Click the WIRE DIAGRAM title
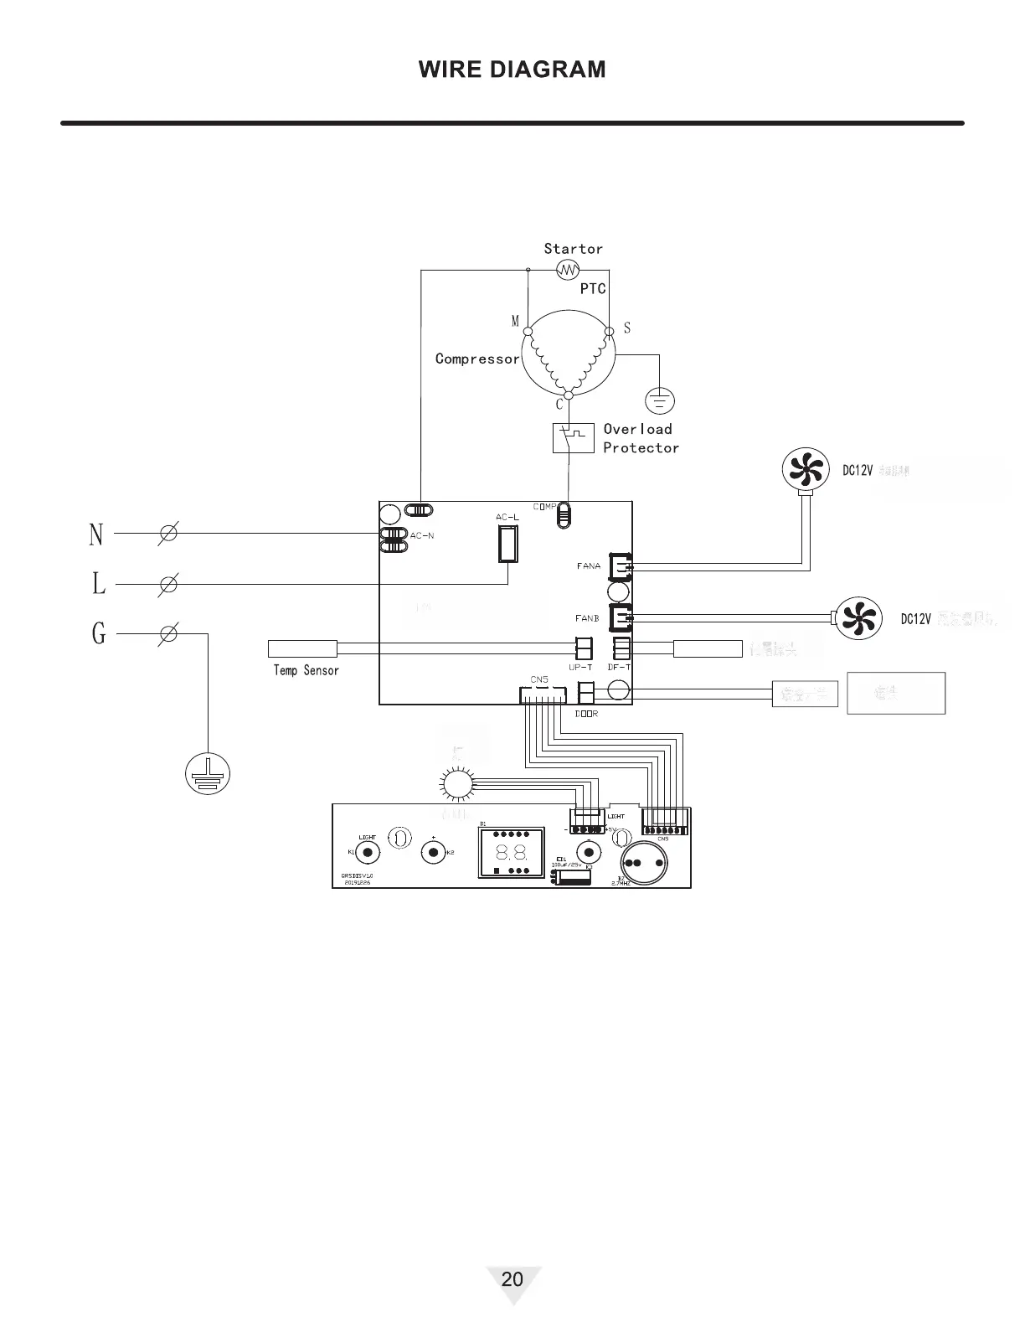point(512,69)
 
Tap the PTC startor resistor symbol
point(569,270)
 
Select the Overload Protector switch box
point(574,437)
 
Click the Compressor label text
point(477,359)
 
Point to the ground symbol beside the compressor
point(661,401)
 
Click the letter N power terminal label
point(96,534)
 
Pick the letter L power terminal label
point(99,583)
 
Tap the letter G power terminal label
point(99,633)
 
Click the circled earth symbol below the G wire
point(207,773)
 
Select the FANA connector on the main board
point(621,566)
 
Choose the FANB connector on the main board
point(621,618)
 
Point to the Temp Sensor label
point(306,670)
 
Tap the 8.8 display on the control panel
point(511,854)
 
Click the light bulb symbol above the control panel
point(458,784)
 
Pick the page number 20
point(512,1278)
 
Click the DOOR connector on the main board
point(586,692)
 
